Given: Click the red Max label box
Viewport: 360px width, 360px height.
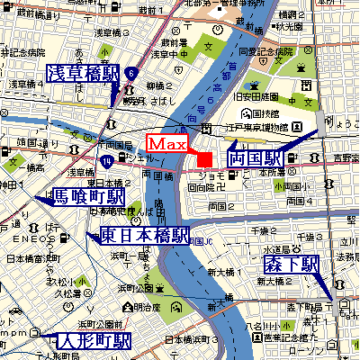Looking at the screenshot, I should [167, 144].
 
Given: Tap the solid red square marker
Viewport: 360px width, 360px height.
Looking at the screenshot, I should [204, 159].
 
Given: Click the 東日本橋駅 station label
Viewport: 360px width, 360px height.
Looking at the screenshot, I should [144, 236].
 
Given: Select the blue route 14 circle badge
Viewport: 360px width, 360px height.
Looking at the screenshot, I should [107, 161].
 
